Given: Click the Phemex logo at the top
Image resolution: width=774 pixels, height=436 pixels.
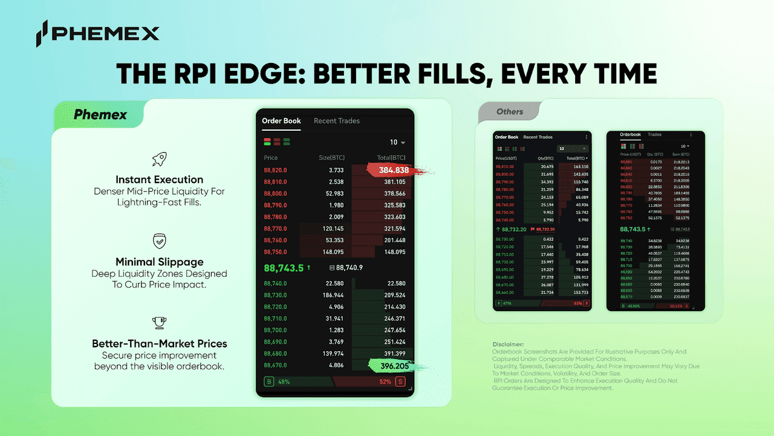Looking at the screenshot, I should coord(97,33).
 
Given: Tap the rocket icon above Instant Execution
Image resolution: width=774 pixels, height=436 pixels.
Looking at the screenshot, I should coord(160,159).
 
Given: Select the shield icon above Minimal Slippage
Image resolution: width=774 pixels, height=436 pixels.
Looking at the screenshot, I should coord(160,242).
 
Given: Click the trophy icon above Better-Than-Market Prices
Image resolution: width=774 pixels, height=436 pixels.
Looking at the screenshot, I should coord(160,323).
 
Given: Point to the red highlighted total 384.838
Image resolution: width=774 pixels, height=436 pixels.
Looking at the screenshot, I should coord(394,170).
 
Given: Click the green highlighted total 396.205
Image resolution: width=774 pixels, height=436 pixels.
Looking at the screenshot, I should coord(393,366).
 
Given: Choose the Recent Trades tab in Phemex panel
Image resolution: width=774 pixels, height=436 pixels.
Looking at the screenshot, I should coord(336,121).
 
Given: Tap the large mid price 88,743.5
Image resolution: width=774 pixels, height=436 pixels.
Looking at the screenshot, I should coord(284,268).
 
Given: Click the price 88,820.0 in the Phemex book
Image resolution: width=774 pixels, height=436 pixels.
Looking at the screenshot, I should coord(276,170).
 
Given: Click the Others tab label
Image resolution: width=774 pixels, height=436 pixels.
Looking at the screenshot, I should coord(510,111).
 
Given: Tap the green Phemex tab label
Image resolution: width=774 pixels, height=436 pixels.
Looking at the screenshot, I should coord(100,114).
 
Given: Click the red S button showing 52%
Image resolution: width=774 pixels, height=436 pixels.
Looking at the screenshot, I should coord(400,381).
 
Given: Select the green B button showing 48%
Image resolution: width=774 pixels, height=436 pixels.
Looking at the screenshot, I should coord(269,381).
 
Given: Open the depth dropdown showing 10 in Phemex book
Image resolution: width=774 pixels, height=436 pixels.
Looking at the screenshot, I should coord(397,142).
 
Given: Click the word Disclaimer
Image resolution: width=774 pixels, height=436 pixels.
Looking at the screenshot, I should coord(508,345).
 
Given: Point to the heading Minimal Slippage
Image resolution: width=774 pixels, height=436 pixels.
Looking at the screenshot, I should coord(160,262).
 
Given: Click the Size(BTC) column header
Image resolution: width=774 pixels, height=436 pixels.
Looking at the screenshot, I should coord(331,158).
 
